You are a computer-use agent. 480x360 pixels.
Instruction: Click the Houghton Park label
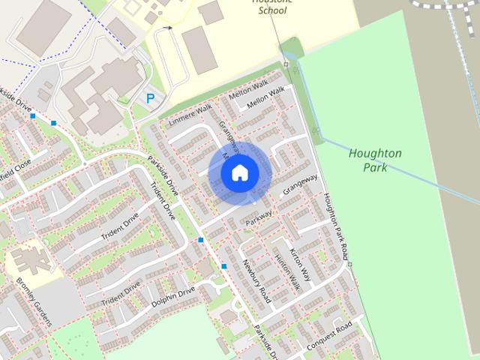pyautogui.click(x=375, y=160)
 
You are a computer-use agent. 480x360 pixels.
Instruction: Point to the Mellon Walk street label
pyautogui.click(x=266, y=97)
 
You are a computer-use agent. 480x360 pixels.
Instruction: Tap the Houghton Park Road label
pyautogui.click(x=335, y=221)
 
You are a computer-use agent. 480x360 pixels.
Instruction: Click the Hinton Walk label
pyautogui.click(x=287, y=271)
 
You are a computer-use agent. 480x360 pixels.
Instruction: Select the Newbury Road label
pyautogui.click(x=255, y=281)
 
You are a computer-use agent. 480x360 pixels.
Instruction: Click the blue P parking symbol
pyautogui.click(x=150, y=98)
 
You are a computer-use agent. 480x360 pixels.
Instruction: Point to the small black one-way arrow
pyautogui.click(x=168, y=28)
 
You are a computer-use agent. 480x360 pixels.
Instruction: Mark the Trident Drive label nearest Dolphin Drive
pyautogui.click(x=121, y=292)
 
